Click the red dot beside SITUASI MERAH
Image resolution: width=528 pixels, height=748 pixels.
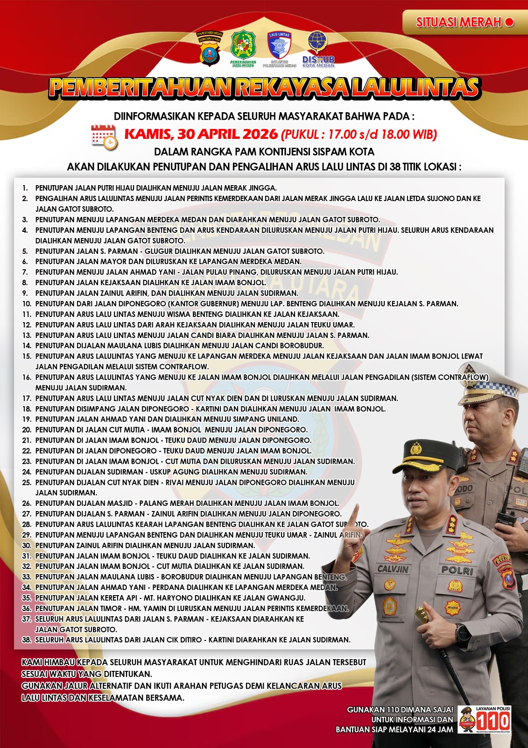[x=509, y=22]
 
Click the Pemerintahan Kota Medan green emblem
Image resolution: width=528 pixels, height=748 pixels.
[x=243, y=47]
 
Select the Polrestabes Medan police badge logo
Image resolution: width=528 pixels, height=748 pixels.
[x=209, y=48]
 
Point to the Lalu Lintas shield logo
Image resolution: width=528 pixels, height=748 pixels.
[x=279, y=47]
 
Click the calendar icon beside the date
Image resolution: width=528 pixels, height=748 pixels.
[x=104, y=137]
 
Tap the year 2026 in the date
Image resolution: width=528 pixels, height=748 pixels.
[x=260, y=134]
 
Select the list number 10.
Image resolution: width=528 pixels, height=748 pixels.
[x=27, y=304]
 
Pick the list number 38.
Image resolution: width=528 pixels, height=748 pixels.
[x=27, y=640]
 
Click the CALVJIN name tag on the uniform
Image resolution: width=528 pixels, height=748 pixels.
[x=393, y=569]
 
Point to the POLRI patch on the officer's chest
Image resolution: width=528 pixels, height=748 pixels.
[x=457, y=570]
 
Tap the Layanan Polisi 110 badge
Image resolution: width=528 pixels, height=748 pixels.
[x=485, y=719]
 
